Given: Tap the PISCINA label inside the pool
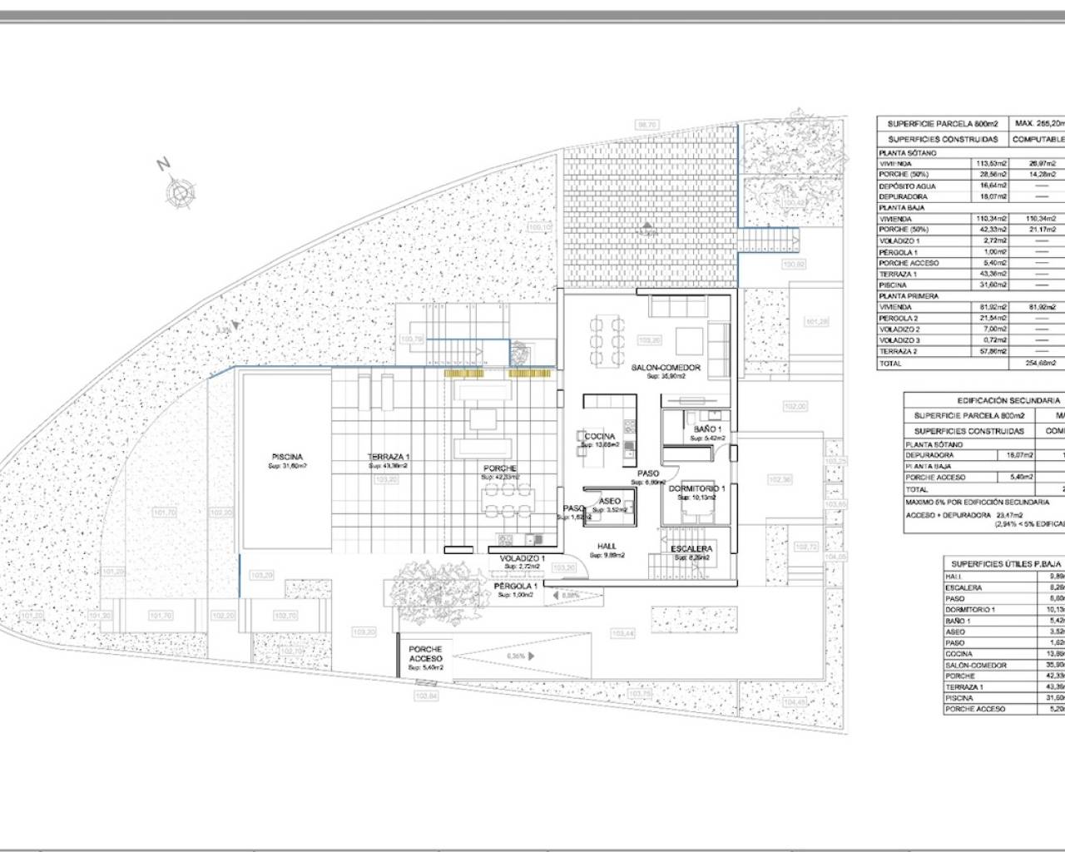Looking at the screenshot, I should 286,457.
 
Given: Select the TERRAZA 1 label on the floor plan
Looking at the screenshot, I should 389,457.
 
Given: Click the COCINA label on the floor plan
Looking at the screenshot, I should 600,437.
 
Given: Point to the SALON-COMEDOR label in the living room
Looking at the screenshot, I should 666,367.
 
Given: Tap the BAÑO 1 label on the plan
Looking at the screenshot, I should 707,429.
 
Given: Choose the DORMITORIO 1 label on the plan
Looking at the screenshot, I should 697,488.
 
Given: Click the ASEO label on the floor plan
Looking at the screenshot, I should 610,502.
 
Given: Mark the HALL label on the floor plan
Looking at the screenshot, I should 606,547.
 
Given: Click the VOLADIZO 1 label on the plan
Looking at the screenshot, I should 522,558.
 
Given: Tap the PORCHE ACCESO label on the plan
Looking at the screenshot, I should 425,654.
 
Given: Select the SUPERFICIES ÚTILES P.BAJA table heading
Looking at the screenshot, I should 1003,563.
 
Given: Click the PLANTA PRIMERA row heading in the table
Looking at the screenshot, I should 909,295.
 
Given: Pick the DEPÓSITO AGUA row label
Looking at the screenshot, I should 908,186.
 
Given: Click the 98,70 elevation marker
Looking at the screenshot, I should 646,125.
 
